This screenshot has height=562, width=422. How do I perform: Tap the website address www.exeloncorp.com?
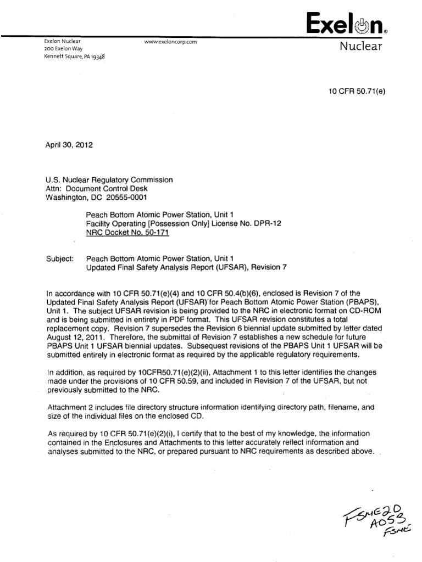pos(170,42)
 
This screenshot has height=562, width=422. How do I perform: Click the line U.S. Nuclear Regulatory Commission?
pos(109,180)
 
